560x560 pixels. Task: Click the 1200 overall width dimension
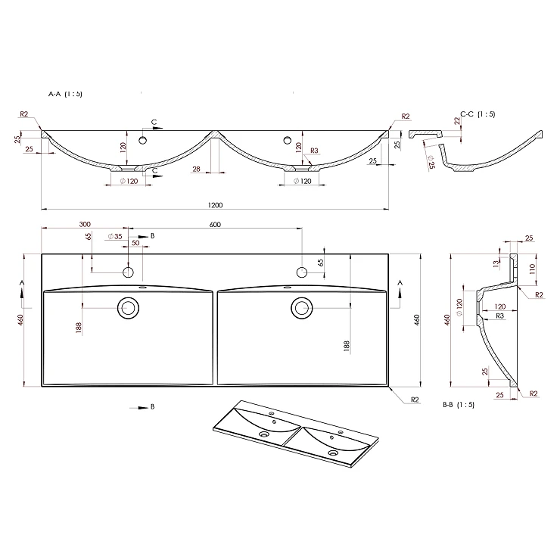215,205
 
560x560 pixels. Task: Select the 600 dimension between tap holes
215,225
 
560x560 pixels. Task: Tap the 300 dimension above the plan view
85,224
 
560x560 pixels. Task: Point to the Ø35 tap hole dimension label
115,236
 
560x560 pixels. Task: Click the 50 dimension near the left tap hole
135,243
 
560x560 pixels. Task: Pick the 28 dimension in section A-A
197,169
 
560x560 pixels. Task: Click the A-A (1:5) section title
65,94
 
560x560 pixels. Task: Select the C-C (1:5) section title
478,114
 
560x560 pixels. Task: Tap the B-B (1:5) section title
459,405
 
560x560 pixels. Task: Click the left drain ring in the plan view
128,298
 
